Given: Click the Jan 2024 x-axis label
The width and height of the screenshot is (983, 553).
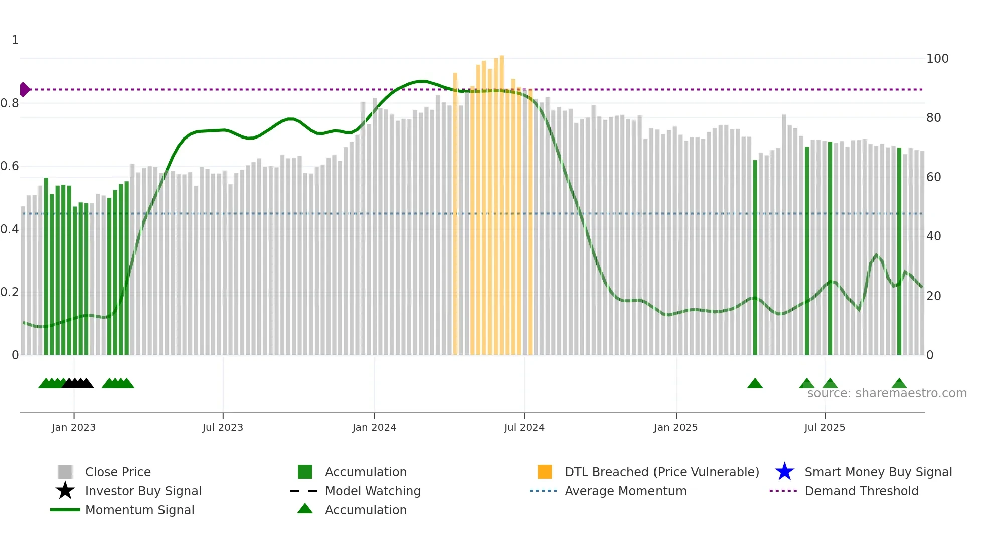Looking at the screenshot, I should point(374,427).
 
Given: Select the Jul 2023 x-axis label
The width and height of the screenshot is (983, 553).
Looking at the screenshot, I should point(223,427).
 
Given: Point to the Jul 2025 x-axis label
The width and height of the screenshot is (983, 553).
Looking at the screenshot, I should point(825,427).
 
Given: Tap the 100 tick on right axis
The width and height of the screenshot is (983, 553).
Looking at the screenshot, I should point(937,59).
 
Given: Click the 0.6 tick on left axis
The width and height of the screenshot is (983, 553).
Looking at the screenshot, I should point(10,166).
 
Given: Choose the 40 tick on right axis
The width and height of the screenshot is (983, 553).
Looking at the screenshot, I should point(933,236).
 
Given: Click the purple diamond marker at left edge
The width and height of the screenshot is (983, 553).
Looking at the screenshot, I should point(24,89).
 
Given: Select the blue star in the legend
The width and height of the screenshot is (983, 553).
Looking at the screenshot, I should point(784,472).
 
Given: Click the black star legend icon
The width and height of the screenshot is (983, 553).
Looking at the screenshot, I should point(65,491).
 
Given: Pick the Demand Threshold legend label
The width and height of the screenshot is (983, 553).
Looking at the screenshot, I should point(861,491).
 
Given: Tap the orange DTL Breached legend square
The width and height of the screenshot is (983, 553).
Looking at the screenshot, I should point(545,472).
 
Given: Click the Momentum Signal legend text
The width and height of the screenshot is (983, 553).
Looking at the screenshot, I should point(139,510).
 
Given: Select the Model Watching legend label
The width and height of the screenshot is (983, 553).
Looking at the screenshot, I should point(373,491).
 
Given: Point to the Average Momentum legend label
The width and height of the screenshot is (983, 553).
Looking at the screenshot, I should point(625,491).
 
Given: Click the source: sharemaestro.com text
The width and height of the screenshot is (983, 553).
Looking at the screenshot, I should point(887,393).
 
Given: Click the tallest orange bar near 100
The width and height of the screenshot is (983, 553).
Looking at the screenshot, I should point(501,201).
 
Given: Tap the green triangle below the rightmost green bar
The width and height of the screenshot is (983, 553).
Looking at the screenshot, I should point(899,384).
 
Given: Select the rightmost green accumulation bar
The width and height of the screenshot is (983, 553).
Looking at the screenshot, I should point(899,251).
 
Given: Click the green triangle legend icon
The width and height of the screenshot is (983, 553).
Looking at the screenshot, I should point(305,509).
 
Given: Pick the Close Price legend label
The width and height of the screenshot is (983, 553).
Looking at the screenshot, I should point(118,472).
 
